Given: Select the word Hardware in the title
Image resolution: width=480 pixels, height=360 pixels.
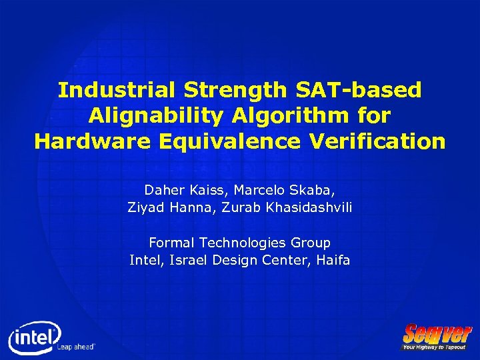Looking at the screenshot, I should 83,141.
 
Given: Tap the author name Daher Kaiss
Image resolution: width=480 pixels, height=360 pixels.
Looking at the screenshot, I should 186,190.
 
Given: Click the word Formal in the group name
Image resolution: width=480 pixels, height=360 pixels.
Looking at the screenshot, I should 170,243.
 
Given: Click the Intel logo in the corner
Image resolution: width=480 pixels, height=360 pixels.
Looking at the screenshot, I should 33,337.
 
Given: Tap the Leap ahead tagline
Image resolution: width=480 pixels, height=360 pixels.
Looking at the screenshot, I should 77,346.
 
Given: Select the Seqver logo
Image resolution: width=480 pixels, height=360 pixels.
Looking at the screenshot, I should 437,333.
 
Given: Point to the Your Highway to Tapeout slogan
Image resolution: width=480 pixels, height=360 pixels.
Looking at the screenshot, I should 435,347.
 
